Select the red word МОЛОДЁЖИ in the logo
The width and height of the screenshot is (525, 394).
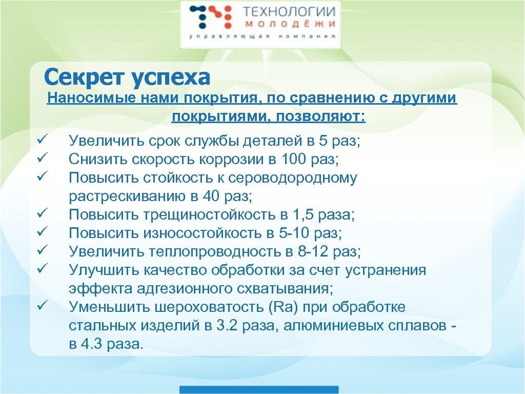coord(289,24)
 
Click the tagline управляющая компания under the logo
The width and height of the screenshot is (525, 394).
coord(262,37)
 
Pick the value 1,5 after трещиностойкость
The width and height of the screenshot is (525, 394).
coord(307,215)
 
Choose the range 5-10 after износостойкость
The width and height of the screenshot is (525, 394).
coord(295,233)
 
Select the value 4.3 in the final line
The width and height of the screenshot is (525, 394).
coord(92,344)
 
